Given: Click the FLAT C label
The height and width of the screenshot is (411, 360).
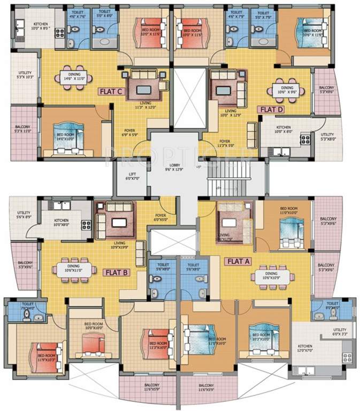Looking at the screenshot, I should pos(111,92).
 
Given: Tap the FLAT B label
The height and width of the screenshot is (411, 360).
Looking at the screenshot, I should pos(116,272).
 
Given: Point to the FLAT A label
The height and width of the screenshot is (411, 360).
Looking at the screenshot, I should pos(238,262).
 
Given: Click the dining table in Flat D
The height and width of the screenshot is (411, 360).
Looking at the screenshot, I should pos(288,89).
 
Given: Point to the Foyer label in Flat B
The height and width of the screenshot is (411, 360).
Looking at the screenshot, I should pos(160,217).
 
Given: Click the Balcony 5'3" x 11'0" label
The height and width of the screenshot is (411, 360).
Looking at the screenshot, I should pos(23,129).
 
